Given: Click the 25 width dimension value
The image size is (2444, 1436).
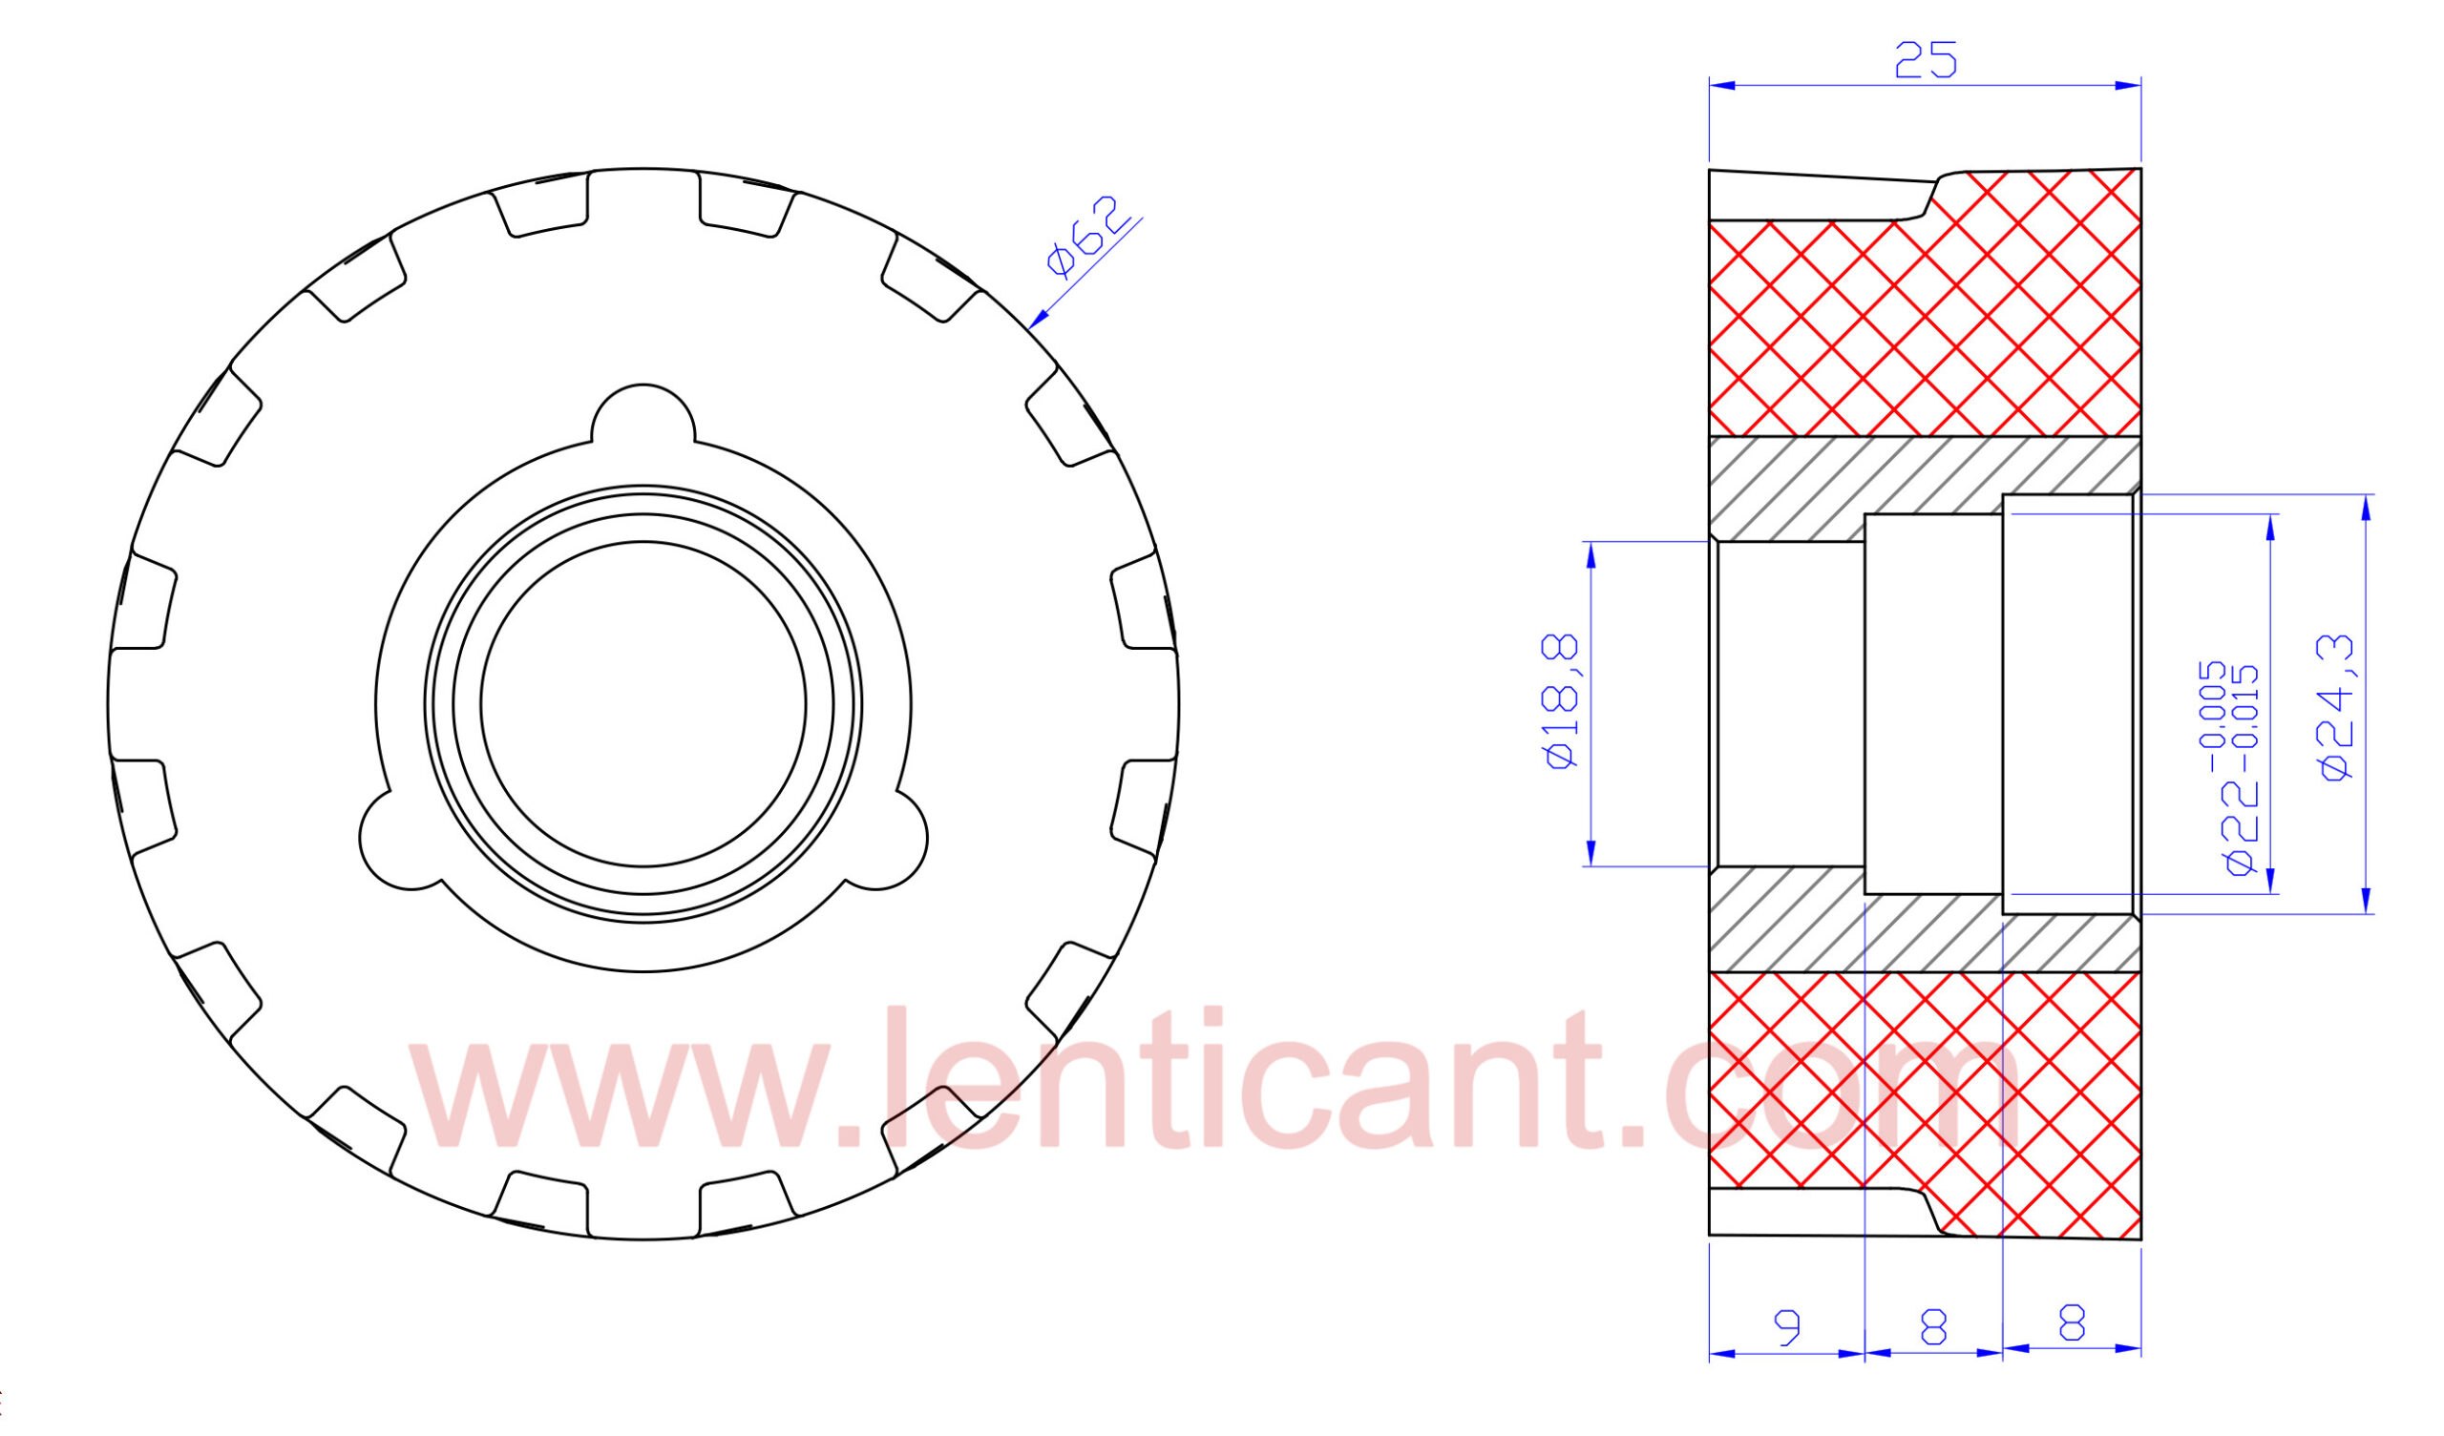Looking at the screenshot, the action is point(1927,59).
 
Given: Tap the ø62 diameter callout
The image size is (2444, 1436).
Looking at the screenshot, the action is point(1088,236).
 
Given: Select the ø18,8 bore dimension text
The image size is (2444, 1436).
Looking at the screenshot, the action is point(1564,702).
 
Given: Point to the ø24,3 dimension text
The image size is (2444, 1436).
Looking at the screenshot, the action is point(2336,707).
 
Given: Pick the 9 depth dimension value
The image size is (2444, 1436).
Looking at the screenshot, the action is point(1786,1325).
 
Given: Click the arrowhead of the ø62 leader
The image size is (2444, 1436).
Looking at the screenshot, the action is point(1038,320).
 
